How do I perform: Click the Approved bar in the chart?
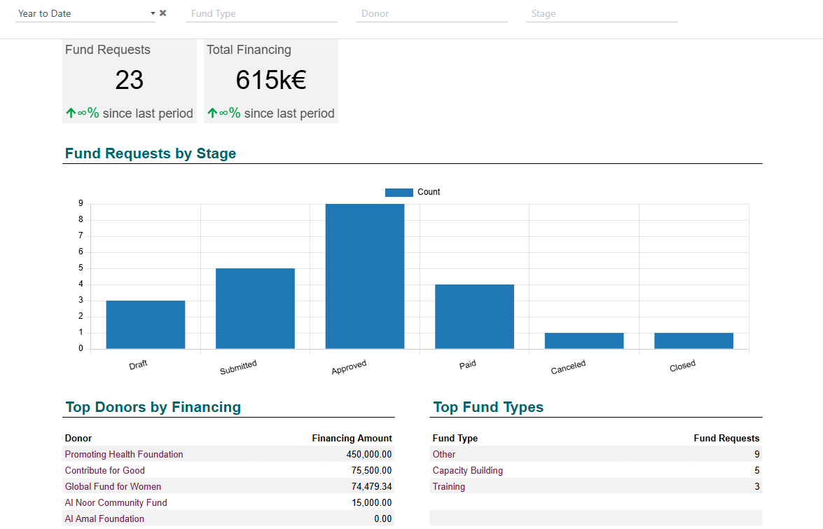365,276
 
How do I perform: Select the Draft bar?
146,324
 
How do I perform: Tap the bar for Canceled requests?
584,341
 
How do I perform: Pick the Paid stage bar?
474,317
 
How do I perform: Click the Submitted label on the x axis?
238,367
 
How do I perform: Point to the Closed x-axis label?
682,366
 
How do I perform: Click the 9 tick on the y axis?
81,203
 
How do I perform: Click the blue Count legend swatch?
399,192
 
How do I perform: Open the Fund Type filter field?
261,13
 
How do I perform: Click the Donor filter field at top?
431,13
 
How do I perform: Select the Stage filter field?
602,13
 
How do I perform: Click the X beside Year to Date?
162,13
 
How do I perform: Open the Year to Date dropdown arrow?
153,13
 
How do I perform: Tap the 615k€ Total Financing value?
271,80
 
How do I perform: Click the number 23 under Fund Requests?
129,80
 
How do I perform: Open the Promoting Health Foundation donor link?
124,454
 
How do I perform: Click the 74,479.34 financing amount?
372,486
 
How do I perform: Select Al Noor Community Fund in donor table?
116,502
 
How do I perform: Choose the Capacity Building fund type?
468,470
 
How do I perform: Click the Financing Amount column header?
352,438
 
